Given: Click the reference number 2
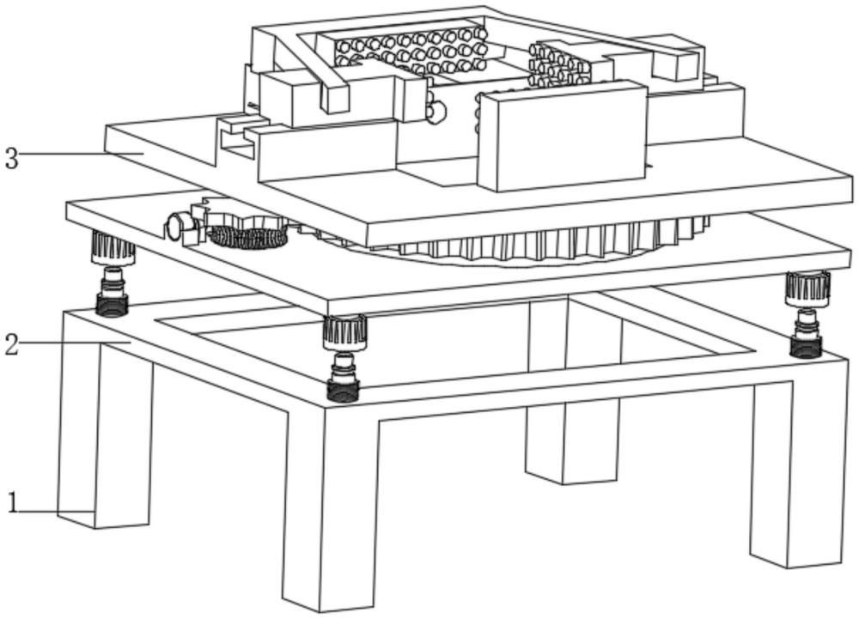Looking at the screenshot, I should pyautogui.click(x=11, y=345).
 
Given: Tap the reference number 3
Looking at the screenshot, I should pyautogui.click(x=11, y=158).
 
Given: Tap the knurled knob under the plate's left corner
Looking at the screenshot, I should pyautogui.click(x=113, y=249).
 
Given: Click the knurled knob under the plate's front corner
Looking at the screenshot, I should pyautogui.click(x=344, y=331).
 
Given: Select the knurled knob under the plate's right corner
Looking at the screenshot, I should pyautogui.click(x=807, y=288).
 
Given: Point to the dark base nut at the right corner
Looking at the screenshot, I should pyautogui.click(x=806, y=345).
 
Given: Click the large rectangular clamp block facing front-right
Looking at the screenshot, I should pyautogui.click(x=563, y=137).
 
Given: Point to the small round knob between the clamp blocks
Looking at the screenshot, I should pyautogui.click(x=436, y=112).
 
